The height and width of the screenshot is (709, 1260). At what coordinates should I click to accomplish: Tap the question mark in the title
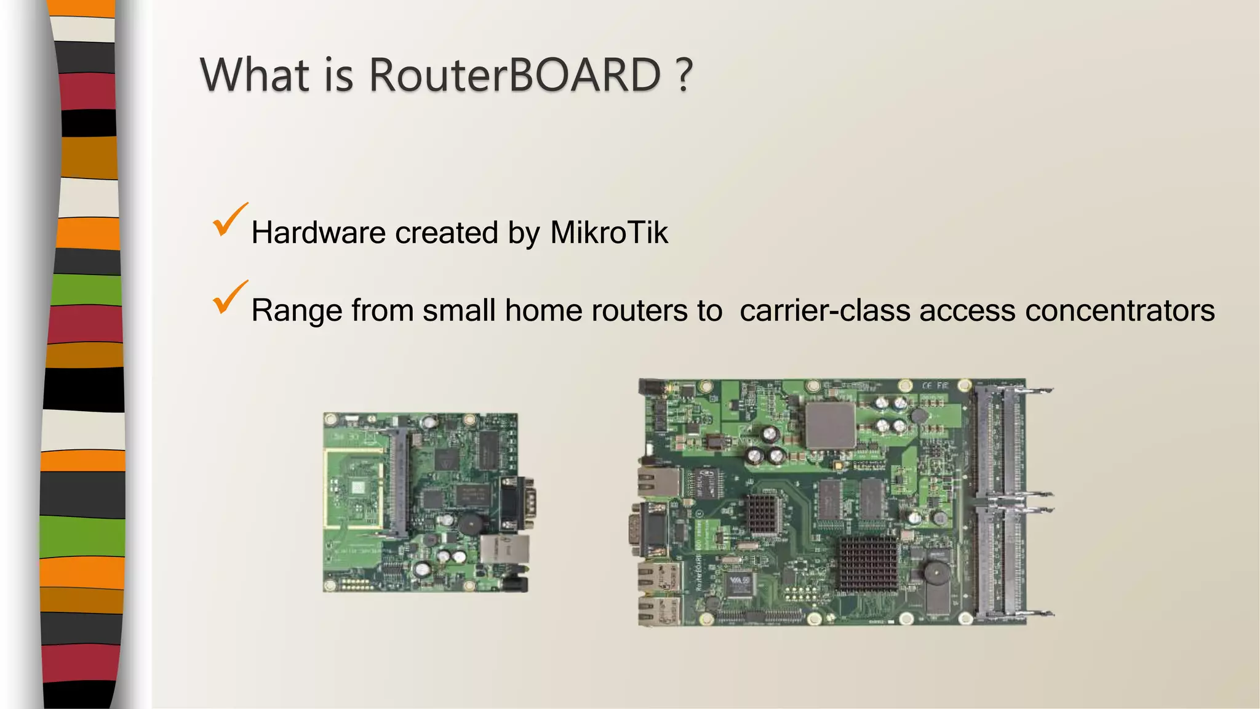click(683, 75)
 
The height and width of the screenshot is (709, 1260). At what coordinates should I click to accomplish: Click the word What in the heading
click(255, 75)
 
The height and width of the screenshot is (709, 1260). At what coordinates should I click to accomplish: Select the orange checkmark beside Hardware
click(229, 221)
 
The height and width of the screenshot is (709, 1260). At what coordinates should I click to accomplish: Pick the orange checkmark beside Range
click(229, 298)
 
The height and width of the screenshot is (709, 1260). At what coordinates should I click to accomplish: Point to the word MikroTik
click(608, 233)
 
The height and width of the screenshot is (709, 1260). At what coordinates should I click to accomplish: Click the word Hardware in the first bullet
click(318, 233)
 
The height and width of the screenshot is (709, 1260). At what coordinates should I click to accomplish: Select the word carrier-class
click(824, 310)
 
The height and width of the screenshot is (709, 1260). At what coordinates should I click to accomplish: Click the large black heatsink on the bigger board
click(868, 563)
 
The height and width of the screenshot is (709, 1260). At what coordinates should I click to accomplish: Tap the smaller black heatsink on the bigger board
click(763, 512)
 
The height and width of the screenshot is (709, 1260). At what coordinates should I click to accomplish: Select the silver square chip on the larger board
click(830, 425)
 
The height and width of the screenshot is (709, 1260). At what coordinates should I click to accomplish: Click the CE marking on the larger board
click(927, 386)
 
